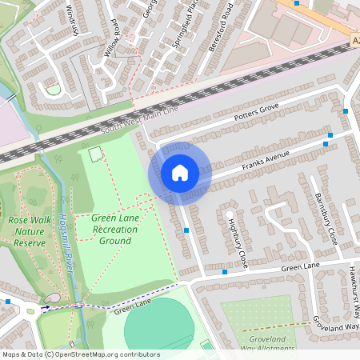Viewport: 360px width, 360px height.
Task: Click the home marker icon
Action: pos(180,173)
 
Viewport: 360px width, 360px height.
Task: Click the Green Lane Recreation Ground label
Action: pos(114,229)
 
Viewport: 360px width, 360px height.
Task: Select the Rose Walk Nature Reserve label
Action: pos(30,230)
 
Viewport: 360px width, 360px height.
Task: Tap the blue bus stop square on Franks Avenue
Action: pos(327,144)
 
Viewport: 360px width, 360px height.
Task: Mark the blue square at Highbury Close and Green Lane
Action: pos(225,272)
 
